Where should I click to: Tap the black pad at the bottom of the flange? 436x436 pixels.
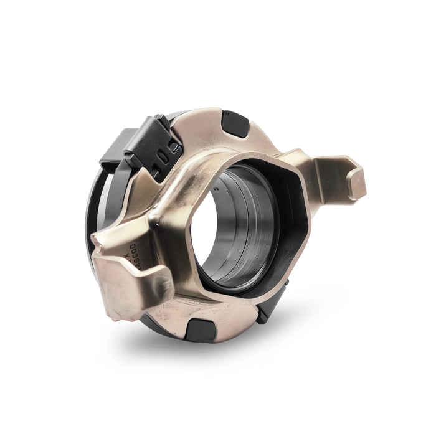tap(201, 328)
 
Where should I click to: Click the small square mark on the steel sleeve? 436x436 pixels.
tap(214, 187)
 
